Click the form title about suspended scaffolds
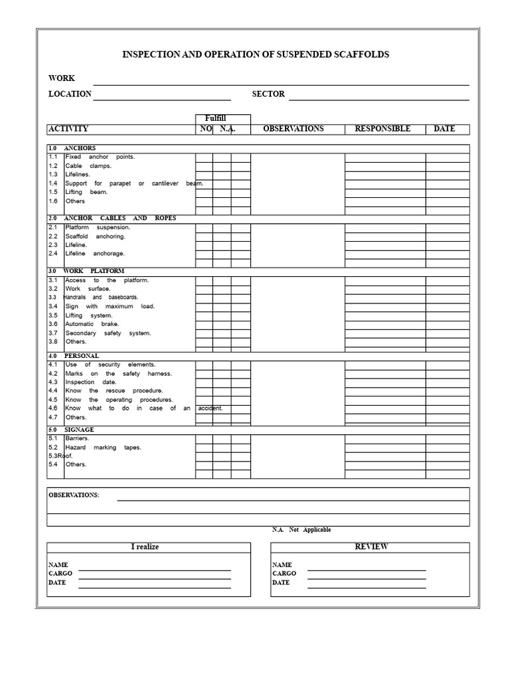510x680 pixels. point(256,54)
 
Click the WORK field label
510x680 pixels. point(62,79)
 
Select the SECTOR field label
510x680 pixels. point(268,94)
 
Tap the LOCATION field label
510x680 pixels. point(70,94)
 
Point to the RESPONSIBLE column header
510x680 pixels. point(382,129)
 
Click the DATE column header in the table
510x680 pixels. point(444,129)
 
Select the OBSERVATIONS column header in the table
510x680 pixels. point(294,129)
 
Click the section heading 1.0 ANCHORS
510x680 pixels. point(72,148)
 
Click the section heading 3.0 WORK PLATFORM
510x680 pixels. point(86,271)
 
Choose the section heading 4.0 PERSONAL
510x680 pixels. point(74,356)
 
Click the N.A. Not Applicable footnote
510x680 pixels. point(301,530)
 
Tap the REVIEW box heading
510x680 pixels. point(371,547)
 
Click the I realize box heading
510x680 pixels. point(145,547)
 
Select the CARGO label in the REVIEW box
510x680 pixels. point(284,573)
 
